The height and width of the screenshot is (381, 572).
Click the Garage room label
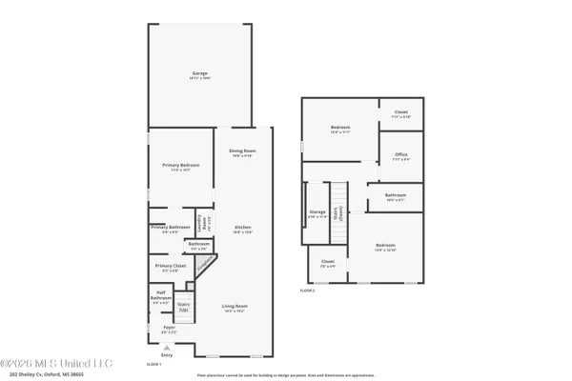click(199, 73)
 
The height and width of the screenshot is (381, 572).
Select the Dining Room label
click(242, 151)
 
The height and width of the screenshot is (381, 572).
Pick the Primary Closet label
click(169, 268)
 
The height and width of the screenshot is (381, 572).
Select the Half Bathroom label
click(159, 298)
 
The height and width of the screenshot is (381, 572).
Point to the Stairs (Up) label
click(184, 306)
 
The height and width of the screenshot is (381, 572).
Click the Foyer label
click(169, 329)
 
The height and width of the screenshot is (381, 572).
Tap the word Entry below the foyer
click(180, 355)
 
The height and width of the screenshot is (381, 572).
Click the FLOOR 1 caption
click(153, 364)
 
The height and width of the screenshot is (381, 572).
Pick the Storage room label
click(317, 213)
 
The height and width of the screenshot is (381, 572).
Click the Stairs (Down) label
click(348, 215)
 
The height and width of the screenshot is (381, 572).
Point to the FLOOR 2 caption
click(307, 290)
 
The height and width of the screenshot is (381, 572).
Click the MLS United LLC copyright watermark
click(56, 363)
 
